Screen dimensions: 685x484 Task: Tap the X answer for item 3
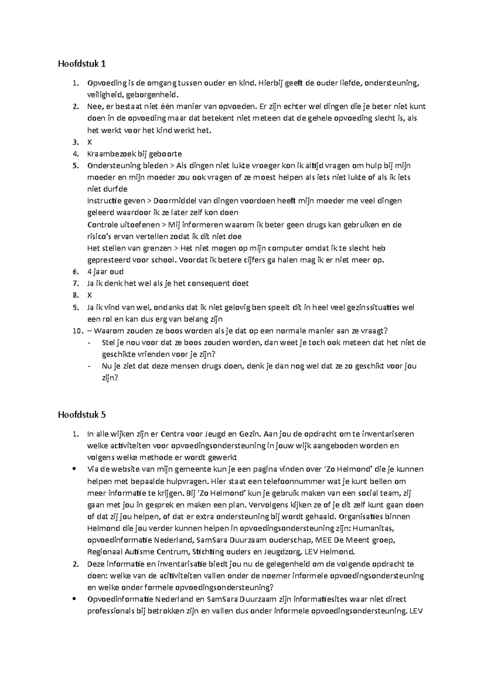90,142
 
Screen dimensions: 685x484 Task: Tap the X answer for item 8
90,295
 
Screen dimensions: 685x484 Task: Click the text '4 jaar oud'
105,271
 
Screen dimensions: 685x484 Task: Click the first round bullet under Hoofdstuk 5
74,469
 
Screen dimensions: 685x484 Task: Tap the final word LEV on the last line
415,611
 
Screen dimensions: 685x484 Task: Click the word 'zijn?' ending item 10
109,378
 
